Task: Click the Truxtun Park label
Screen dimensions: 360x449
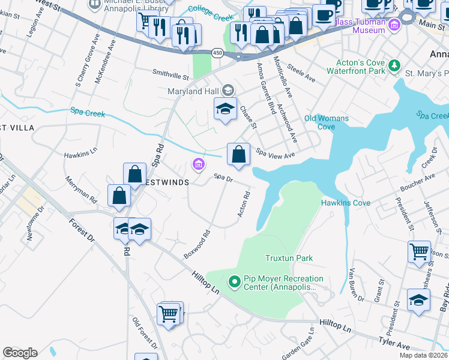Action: tap(289, 258)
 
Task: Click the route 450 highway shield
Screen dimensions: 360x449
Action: tap(216, 54)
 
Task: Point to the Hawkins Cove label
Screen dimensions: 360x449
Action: tap(345, 203)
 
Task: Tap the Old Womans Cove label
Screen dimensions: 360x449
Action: tap(327, 122)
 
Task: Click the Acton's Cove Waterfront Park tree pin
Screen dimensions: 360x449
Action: tap(394, 65)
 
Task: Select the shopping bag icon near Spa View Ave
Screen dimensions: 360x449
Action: tap(238, 154)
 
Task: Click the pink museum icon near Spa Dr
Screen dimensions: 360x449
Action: tap(197, 164)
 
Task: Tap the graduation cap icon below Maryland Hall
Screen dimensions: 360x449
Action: tap(225, 109)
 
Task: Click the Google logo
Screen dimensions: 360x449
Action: tap(20, 352)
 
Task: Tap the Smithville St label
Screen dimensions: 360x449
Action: tap(170, 77)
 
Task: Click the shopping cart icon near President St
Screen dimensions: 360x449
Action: tap(418, 251)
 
